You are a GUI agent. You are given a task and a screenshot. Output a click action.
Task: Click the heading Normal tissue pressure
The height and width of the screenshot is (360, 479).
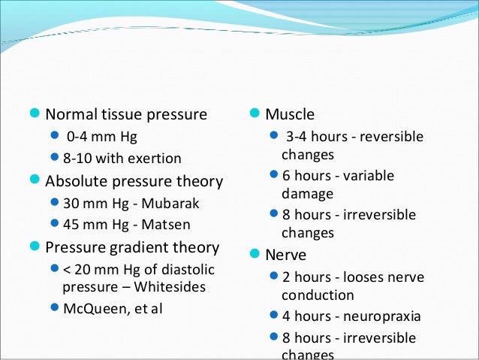(x=126, y=115)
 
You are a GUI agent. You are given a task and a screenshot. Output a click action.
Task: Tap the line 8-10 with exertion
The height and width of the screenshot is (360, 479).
(x=122, y=159)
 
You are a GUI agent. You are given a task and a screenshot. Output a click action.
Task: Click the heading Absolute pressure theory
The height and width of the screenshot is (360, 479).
(x=134, y=181)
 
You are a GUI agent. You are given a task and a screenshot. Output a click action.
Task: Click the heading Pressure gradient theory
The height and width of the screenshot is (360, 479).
(x=132, y=247)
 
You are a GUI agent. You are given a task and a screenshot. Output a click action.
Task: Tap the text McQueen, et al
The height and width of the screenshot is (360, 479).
(x=113, y=307)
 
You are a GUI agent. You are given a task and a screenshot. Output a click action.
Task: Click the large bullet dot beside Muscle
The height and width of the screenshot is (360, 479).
(x=255, y=114)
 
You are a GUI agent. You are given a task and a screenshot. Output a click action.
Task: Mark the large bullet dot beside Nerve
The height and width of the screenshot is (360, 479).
(x=255, y=254)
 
